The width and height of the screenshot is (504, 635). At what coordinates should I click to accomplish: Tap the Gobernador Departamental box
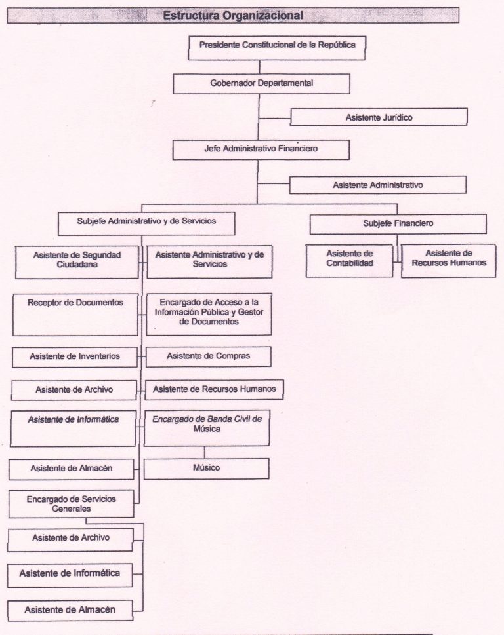261,84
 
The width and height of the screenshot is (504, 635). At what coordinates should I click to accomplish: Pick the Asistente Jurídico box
379,117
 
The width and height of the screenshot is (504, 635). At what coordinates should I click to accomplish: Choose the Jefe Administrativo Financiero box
261,149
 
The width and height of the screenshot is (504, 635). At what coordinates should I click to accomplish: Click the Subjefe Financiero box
398,223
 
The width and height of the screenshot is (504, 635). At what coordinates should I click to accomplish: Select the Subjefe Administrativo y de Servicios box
146,221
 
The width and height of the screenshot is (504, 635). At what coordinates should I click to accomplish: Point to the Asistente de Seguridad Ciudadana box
76,260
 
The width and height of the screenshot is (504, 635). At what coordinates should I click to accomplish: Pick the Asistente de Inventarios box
75,356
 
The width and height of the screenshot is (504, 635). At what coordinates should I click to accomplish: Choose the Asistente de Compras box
208,356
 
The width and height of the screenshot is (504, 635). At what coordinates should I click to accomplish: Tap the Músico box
206,468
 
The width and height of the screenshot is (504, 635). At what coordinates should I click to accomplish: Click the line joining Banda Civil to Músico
205,452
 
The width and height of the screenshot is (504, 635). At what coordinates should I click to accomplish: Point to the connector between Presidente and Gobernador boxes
260,66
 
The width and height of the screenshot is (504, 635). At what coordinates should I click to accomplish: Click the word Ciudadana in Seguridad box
77,265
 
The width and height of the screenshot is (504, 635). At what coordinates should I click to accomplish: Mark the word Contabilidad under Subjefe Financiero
350,263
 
